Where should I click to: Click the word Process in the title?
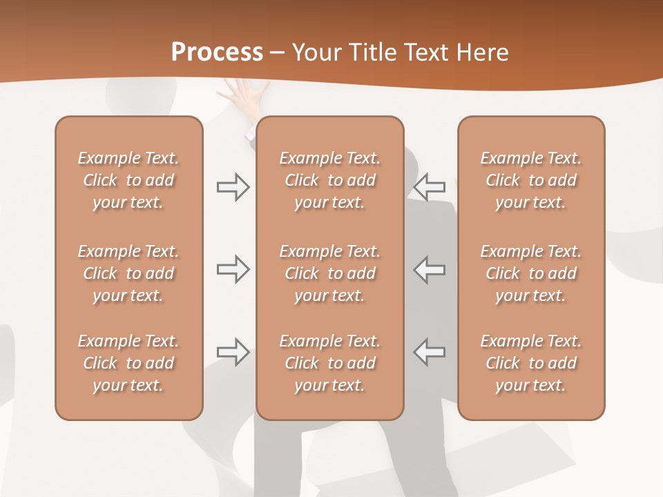point(217,52)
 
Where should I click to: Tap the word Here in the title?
point(484,52)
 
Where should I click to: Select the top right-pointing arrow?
point(233,187)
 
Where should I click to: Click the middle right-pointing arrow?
point(233,269)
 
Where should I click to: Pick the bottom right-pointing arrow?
point(233,351)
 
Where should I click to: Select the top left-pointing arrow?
point(430,187)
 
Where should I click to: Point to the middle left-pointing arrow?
point(430,269)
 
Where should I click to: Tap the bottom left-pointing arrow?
point(430,351)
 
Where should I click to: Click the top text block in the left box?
point(128,180)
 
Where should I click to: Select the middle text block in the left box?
point(128,273)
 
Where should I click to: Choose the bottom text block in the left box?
point(128,363)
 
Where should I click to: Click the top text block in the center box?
point(329,180)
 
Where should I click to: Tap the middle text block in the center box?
point(329,273)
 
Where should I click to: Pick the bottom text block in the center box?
point(329,363)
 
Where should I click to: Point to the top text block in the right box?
point(530,180)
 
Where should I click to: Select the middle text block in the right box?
point(530,273)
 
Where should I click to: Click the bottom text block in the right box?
point(530,363)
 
